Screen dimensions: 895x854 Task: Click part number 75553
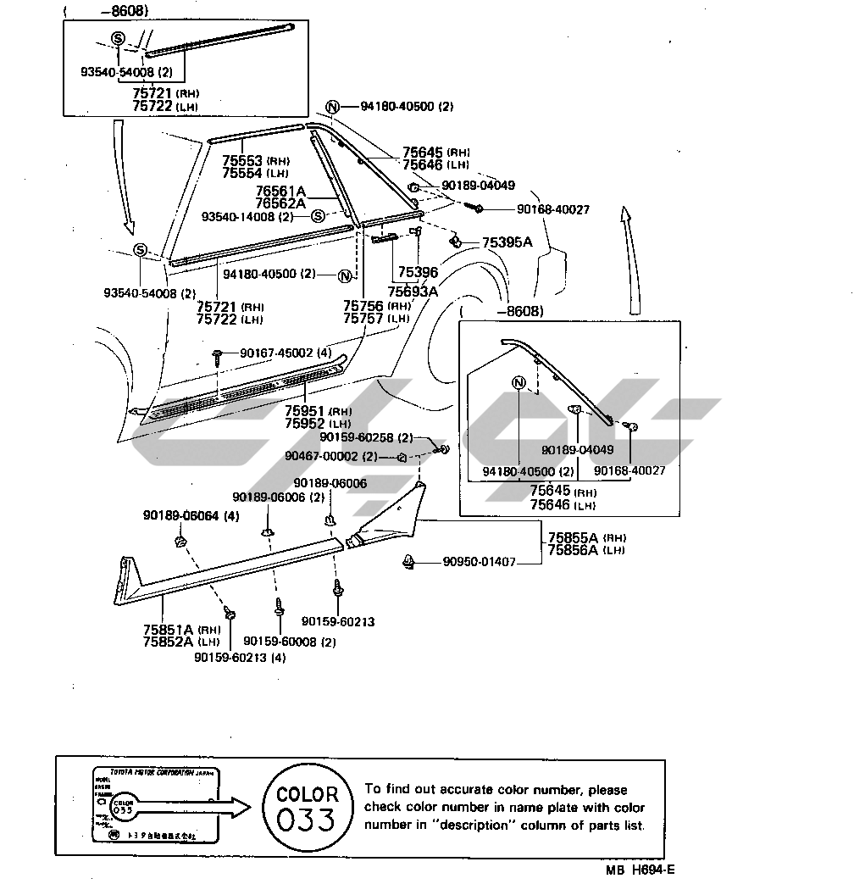point(243,160)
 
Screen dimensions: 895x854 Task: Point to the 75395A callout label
point(507,243)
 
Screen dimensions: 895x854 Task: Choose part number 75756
point(363,306)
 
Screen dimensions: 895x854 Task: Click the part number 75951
point(304,411)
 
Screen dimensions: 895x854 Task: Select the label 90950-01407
point(479,561)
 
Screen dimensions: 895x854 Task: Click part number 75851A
point(169,629)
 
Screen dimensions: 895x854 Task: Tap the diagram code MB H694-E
point(640,870)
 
